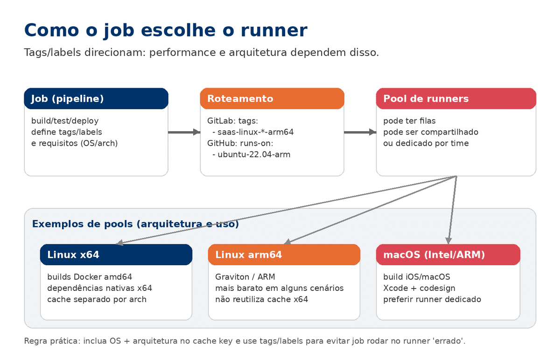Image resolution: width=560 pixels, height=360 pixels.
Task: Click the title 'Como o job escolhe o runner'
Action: pos(165,30)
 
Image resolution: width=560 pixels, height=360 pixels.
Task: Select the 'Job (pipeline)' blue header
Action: pos(96,99)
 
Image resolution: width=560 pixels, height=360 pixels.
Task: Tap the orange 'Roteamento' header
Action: pos(272,99)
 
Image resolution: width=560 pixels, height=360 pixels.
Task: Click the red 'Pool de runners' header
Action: pos(455,99)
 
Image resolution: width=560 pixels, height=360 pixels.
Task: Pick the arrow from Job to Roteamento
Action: pos(183,132)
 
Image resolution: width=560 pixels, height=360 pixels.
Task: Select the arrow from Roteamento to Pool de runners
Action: pos(360,132)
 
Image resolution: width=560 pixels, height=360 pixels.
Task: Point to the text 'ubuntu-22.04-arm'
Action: pos(253,154)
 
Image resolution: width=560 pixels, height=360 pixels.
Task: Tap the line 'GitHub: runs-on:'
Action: pos(240,143)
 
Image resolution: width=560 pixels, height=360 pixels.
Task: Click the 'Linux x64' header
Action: pos(116,254)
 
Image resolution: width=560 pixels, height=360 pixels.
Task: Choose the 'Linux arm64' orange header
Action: pos(284,254)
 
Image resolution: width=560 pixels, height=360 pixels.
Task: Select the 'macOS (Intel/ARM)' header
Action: pos(448,254)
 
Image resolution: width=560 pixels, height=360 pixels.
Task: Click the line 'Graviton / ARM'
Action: pos(245,277)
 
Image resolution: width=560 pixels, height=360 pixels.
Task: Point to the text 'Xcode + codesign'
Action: pos(419,288)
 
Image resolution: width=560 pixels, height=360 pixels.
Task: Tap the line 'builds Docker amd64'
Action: pos(90,277)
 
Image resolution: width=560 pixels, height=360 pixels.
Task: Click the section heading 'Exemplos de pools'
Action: pos(135,224)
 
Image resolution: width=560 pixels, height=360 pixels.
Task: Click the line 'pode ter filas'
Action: pos(409,121)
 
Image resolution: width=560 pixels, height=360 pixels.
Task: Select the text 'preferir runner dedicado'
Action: pos(432,299)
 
